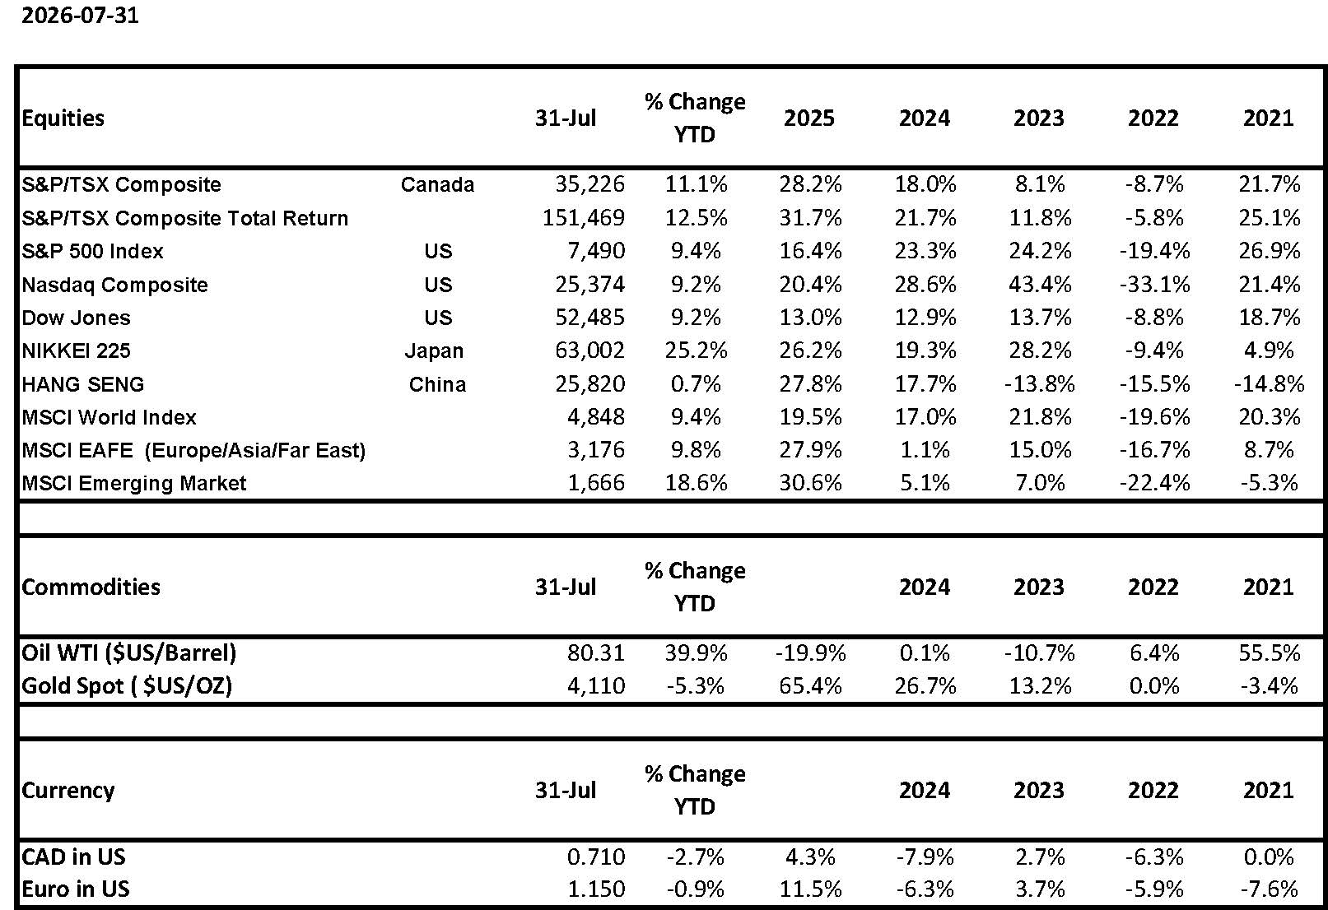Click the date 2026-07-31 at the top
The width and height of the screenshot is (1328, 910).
[80, 15]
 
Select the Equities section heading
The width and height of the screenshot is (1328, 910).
[63, 118]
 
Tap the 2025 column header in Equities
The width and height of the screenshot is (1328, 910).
[809, 118]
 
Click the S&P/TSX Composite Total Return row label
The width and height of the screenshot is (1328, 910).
[185, 218]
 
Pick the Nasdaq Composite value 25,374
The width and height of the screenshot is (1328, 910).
[589, 285]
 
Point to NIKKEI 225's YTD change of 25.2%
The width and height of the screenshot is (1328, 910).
[696, 351]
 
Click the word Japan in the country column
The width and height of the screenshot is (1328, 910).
[434, 351]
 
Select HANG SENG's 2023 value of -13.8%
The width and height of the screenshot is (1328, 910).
[1039, 384]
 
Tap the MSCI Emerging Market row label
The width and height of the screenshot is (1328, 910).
[134, 483]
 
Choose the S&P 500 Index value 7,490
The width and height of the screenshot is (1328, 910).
[596, 251]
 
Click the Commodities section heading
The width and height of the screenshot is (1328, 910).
[91, 587]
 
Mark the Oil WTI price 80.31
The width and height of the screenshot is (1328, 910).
[596, 652]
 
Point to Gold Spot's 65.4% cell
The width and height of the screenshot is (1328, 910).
[810, 685]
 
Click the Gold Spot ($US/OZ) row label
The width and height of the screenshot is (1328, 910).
[127, 686]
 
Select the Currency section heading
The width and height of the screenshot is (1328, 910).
[68, 791]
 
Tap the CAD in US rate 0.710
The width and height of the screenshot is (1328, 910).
[596, 857]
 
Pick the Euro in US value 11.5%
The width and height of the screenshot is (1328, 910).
[810, 889]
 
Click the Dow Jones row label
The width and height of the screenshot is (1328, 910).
[76, 318]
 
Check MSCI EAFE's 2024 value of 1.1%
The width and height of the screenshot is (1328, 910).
[925, 450]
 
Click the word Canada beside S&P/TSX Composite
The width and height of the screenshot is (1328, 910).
[437, 184]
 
